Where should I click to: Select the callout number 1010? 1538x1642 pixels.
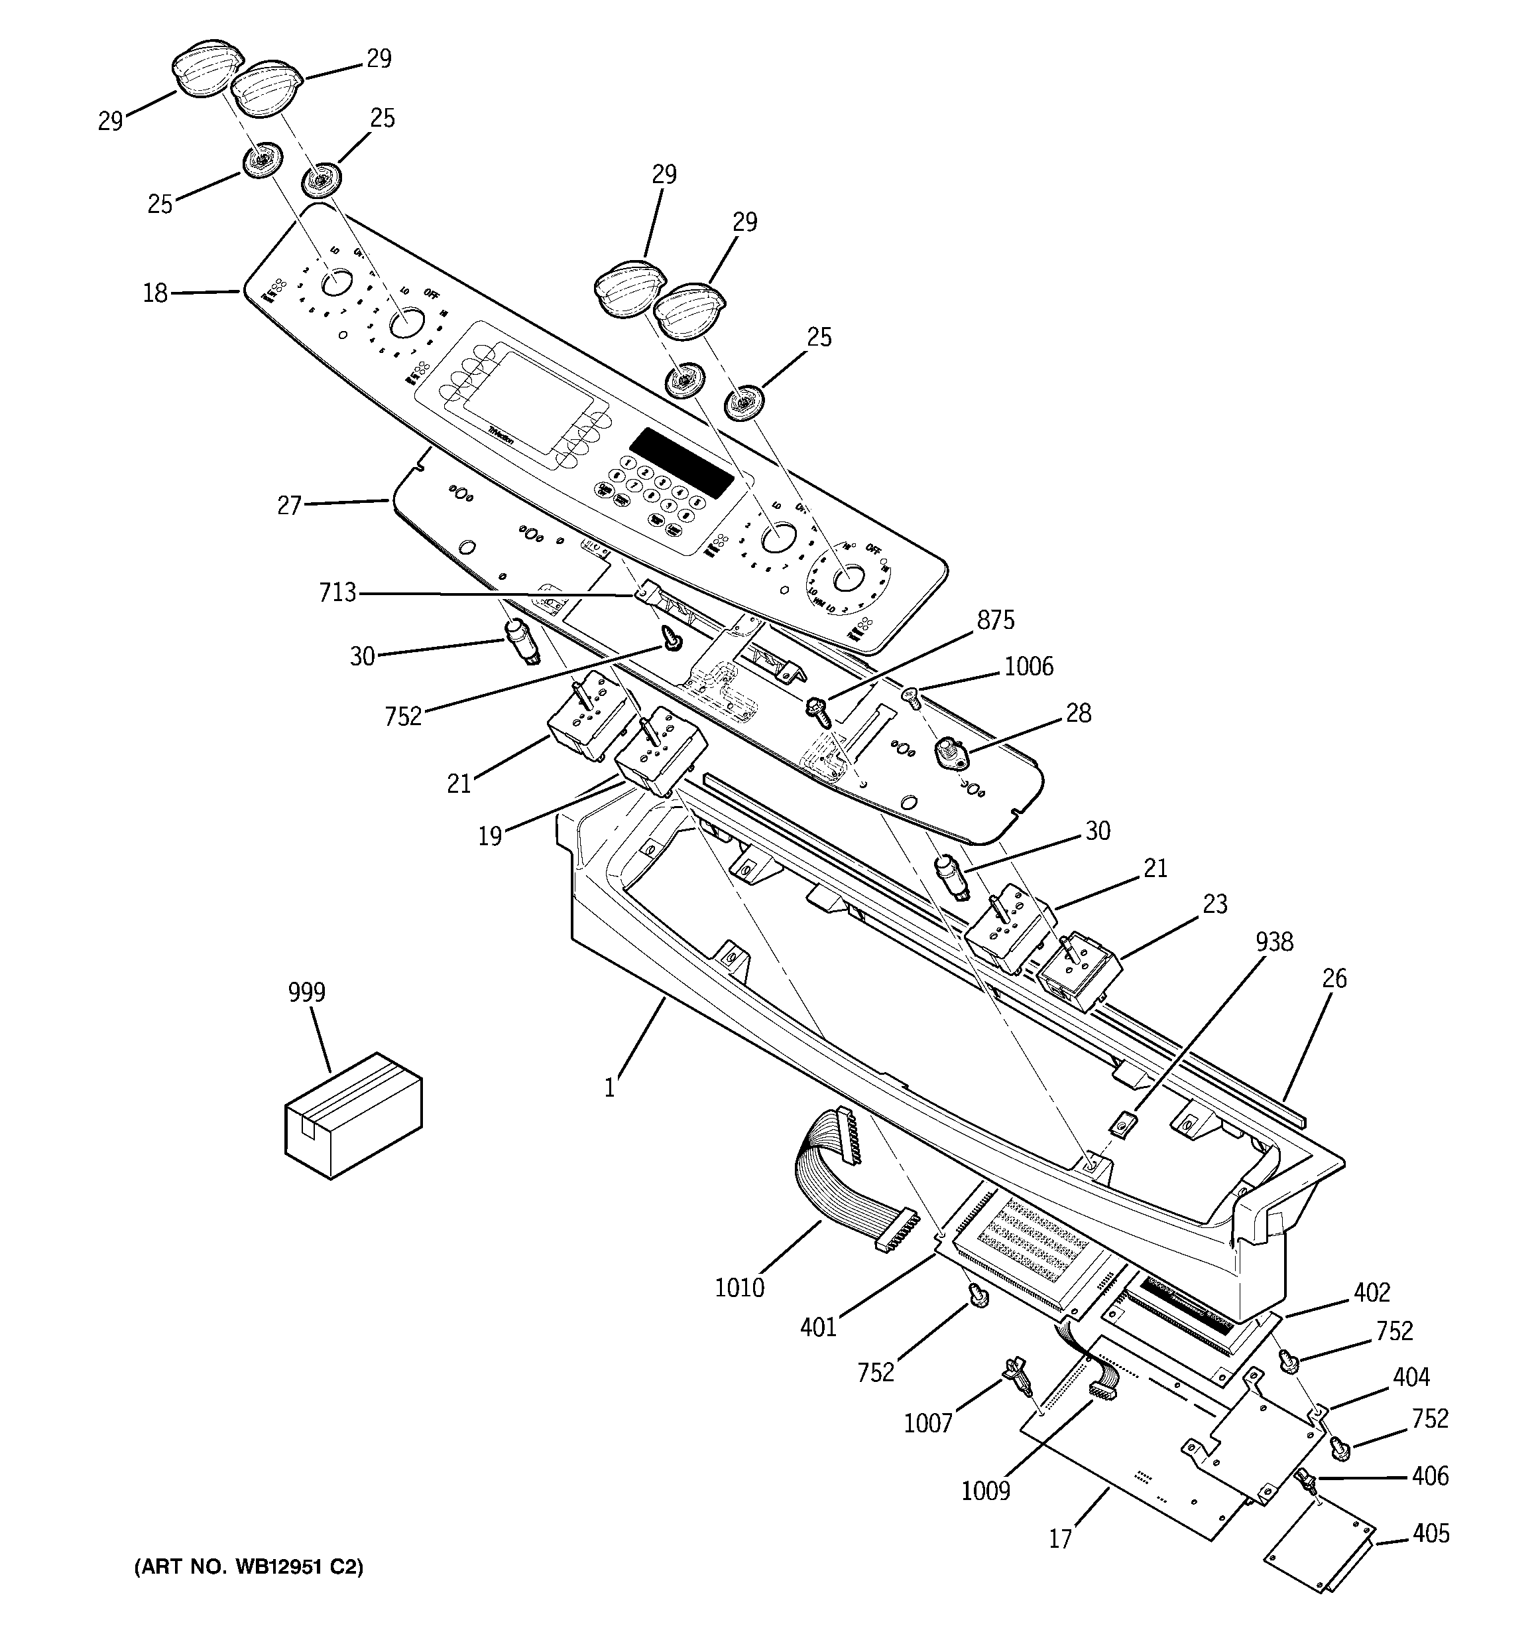[x=740, y=1287]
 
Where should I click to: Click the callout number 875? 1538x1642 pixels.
[x=995, y=620]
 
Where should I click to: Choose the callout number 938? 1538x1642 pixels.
[x=1274, y=941]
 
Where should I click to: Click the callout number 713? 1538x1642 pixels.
[x=337, y=592]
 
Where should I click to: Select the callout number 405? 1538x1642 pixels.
[x=1430, y=1533]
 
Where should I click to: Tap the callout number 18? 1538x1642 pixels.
[x=155, y=293]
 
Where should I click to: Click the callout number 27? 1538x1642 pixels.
[x=289, y=505]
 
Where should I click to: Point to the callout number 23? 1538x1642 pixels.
[x=1214, y=904]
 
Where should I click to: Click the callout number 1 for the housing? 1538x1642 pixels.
[x=609, y=1088]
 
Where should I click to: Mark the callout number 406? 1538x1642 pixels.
[x=1430, y=1476]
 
